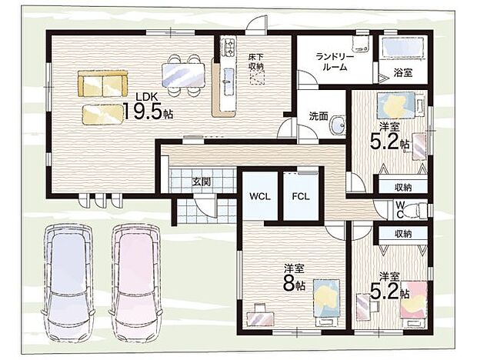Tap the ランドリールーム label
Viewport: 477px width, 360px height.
pyautogui.click(x=335, y=62)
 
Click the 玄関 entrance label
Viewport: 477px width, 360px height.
pyautogui.click(x=201, y=182)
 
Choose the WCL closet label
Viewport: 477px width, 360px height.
pyautogui.click(x=259, y=195)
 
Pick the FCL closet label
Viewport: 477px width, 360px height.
pyautogui.click(x=300, y=195)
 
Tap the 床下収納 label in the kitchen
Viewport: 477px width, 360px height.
pyautogui.click(x=255, y=62)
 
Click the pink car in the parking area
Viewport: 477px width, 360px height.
pyautogui.click(x=135, y=281)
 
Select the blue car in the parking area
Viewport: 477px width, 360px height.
pyautogui.click(x=68, y=281)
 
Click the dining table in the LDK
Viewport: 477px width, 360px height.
pyautogui.click(x=184, y=75)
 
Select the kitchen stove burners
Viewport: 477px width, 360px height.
pyautogui.click(x=228, y=49)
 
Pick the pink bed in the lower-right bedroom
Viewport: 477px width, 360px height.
pyautogui.click(x=412, y=302)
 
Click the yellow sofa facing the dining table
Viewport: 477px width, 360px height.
pyautogui.click(x=103, y=83)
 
